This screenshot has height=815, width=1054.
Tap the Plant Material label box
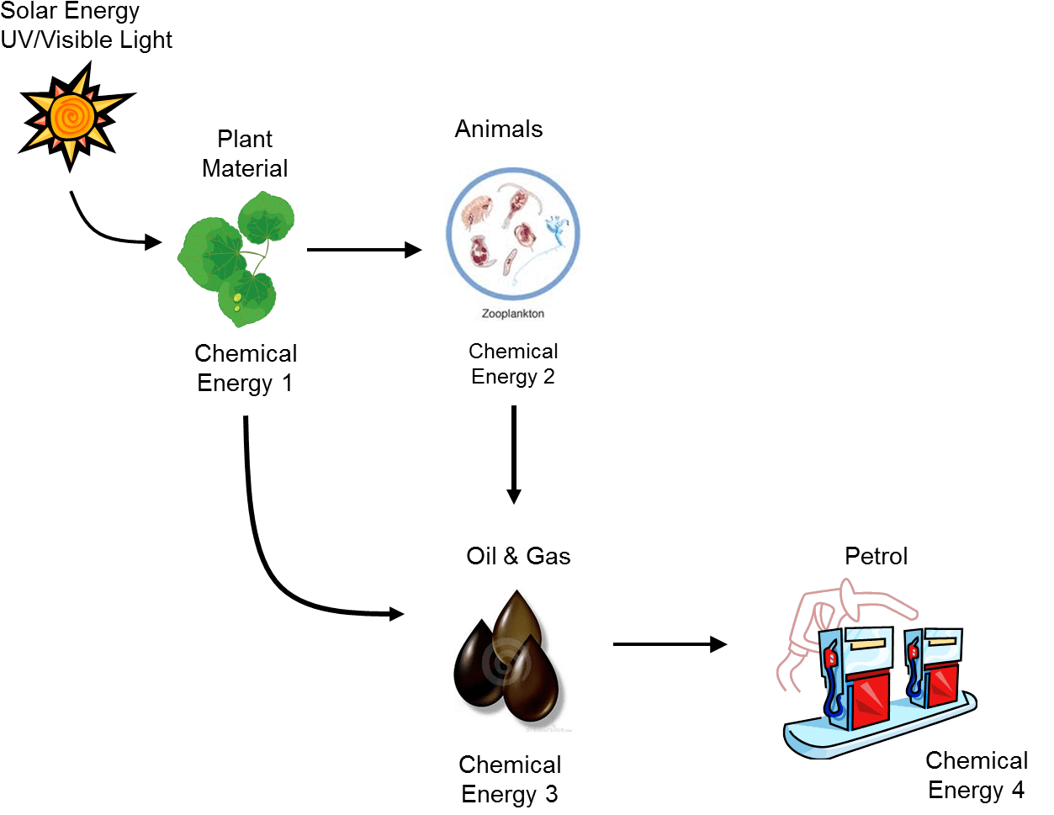tap(245, 153)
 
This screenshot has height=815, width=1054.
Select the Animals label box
tap(499, 129)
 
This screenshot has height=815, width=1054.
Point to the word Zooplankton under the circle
tap(512, 314)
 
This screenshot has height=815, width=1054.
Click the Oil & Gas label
tap(518, 556)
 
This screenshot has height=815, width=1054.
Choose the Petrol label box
tap(876, 556)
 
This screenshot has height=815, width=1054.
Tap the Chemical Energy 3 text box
tap(510, 779)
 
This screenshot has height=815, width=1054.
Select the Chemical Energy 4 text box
tap(976, 775)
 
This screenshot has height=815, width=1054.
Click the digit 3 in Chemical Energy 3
tap(551, 794)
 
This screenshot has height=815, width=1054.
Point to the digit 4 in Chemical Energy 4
tap(1018, 790)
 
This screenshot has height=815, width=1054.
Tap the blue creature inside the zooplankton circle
tap(556, 230)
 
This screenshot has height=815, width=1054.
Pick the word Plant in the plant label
tap(245, 139)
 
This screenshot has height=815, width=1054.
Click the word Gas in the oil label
tap(548, 556)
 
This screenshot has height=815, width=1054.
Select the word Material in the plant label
tap(245, 168)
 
